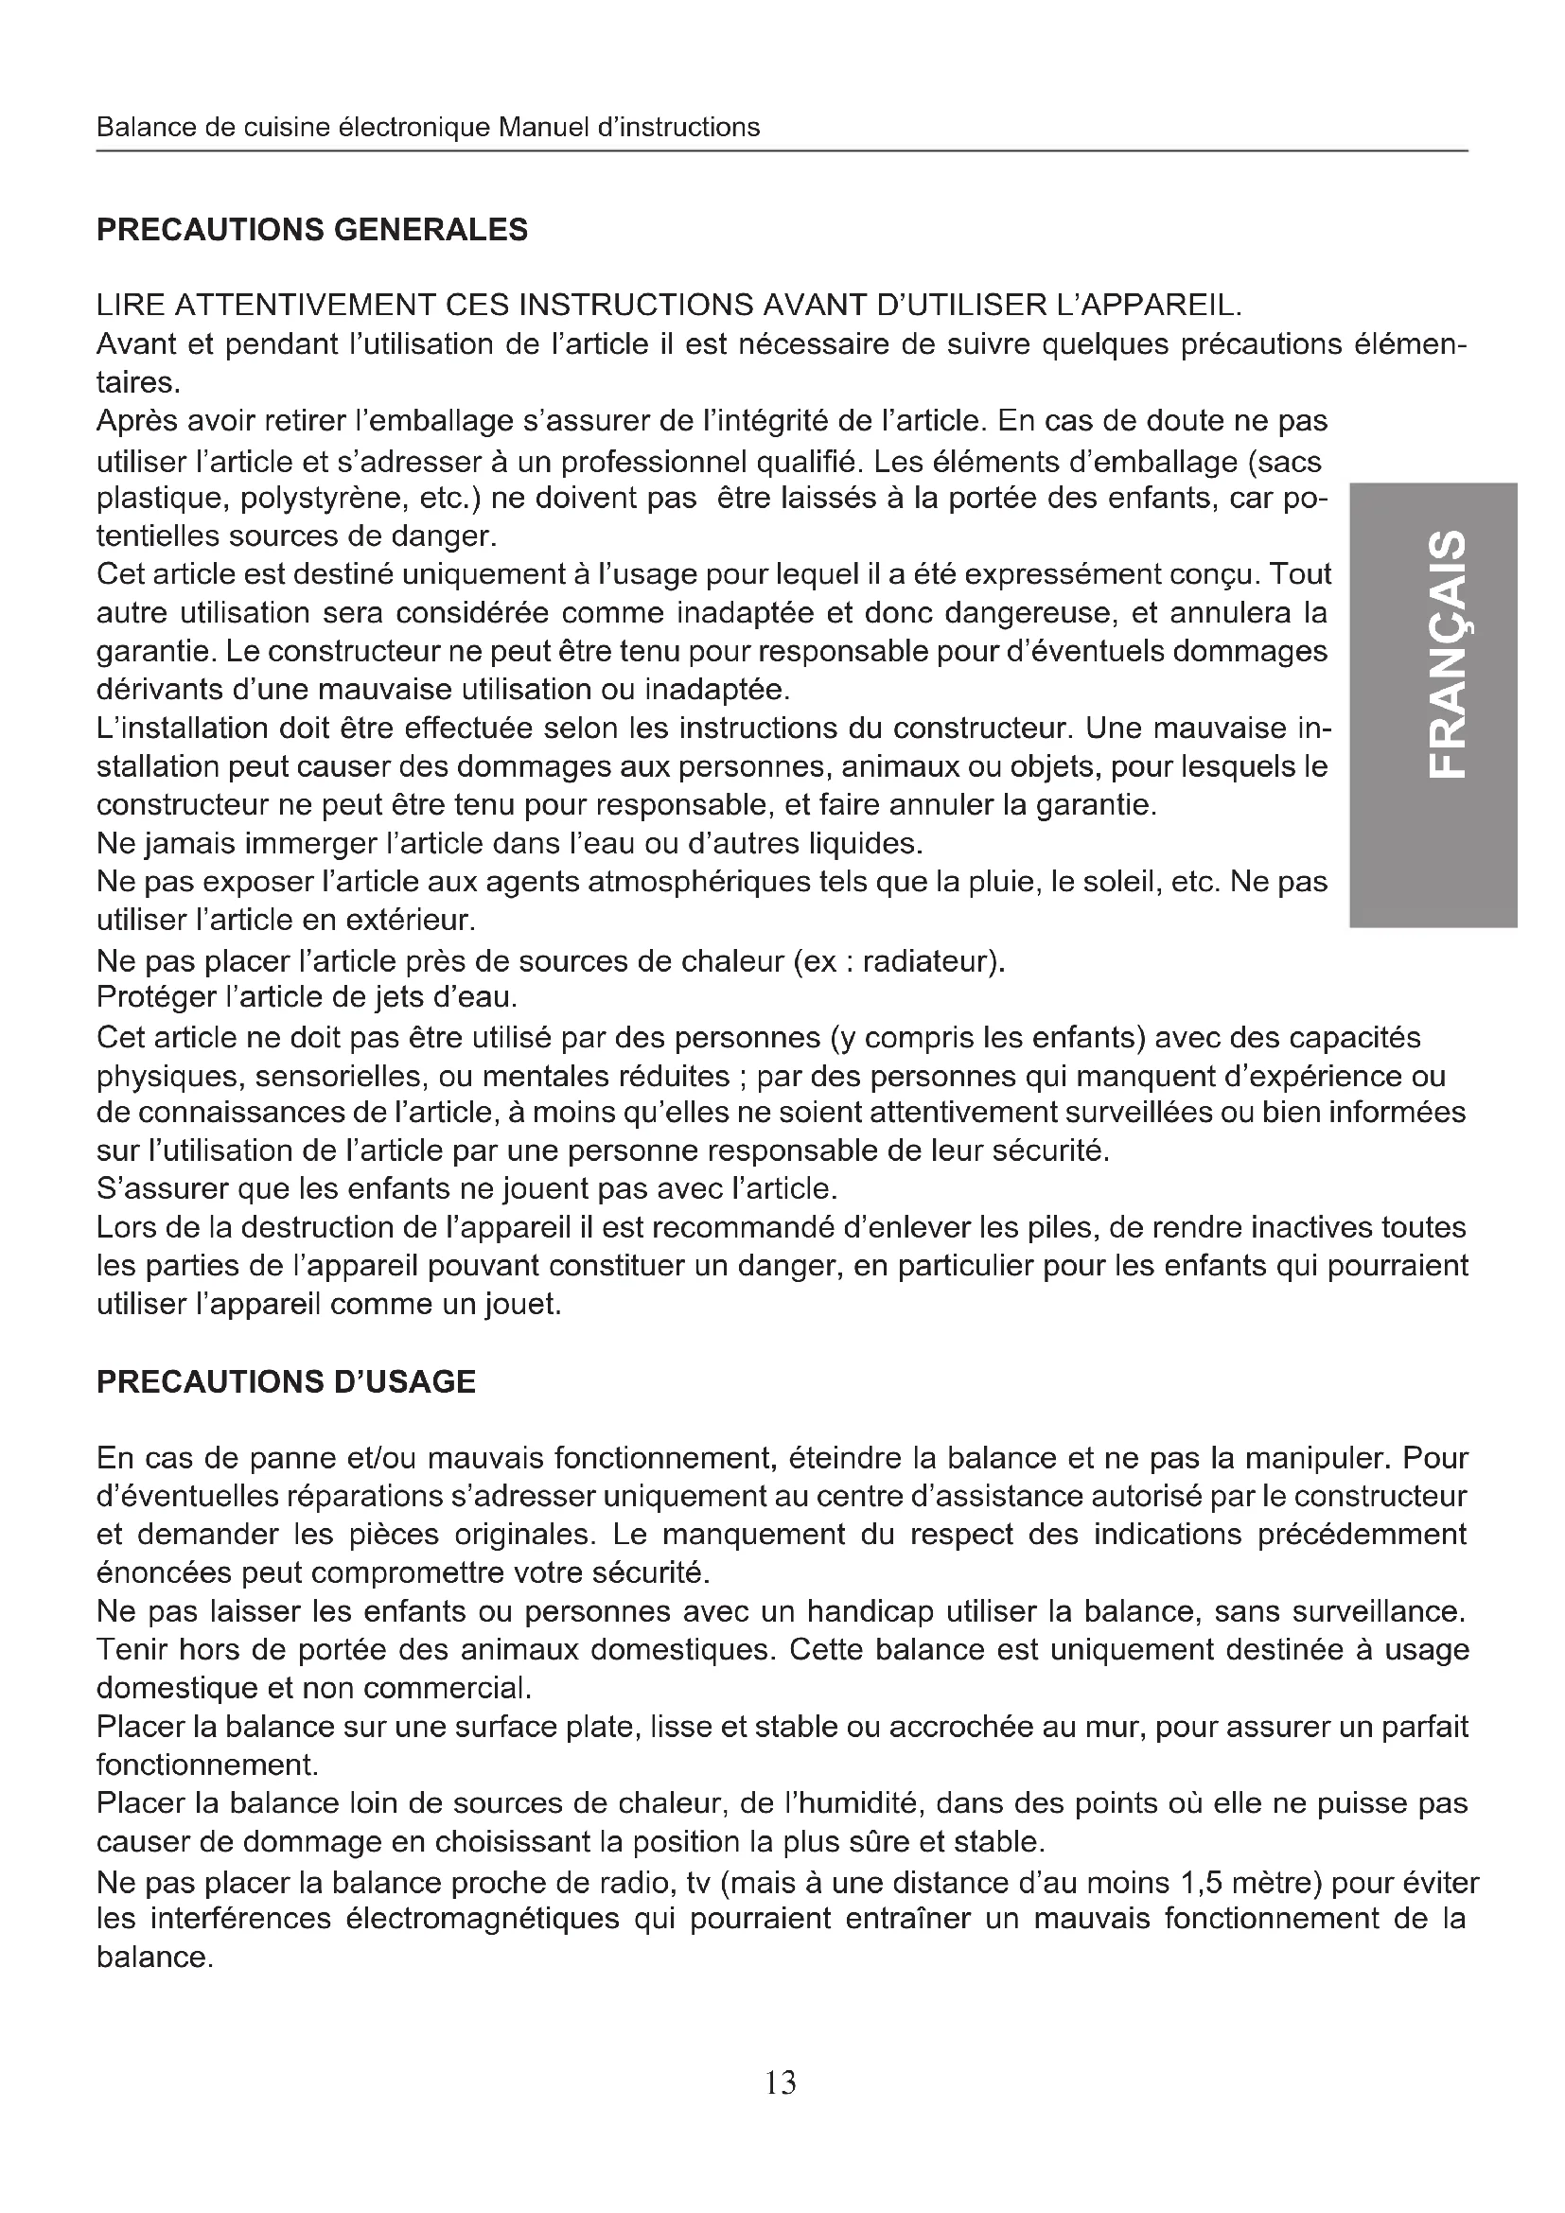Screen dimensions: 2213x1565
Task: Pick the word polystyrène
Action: click(325, 500)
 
